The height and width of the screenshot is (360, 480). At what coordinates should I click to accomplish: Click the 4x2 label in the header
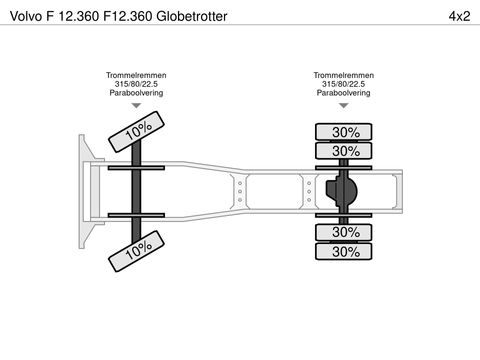[x=459, y=16]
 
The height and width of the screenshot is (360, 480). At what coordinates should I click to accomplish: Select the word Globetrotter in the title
[x=192, y=16]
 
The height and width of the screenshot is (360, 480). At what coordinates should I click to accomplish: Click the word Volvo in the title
[x=26, y=16]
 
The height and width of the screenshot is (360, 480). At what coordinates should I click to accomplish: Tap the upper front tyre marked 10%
[x=136, y=132]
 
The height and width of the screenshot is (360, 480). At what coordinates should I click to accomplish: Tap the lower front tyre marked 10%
[x=136, y=251]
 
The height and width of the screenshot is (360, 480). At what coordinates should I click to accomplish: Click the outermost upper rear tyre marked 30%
[x=344, y=132]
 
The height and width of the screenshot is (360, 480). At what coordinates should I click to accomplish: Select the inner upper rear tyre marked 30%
[x=344, y=151]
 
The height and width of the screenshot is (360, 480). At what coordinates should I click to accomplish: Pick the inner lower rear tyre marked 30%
[x=344, y=232]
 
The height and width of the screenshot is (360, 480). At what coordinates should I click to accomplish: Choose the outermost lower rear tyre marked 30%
[x=344, y=251]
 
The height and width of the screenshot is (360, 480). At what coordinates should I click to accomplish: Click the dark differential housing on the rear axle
[x=342, y=191]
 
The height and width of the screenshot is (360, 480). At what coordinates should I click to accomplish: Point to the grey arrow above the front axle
[x=136, y=106]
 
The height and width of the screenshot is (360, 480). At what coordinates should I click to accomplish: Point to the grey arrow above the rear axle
[x=344, y=106]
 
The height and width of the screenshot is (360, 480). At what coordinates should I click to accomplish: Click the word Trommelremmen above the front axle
[x=136, y=75]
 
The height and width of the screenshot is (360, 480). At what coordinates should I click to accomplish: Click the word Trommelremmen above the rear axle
[x=344, y=75]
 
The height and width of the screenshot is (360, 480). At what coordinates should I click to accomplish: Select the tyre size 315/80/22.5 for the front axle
[x=136, y=84]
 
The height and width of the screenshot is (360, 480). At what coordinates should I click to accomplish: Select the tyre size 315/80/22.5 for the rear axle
[x=344, y=84]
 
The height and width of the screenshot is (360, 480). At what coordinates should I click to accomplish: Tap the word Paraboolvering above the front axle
[x=136, y=93]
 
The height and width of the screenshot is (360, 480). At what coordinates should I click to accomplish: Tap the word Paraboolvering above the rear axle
[x=344, y=93]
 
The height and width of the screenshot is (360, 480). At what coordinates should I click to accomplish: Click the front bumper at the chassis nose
[x=86, y=192]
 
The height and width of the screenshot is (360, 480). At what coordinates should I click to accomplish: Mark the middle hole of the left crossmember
[x=240, y=192]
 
